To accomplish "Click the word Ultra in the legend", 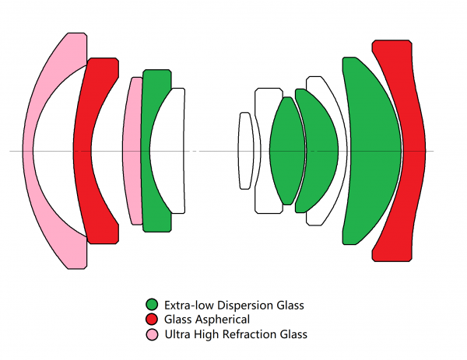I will coord(177,334).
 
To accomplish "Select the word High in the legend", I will coord(205,334).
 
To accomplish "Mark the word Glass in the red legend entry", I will coord(178,320).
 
